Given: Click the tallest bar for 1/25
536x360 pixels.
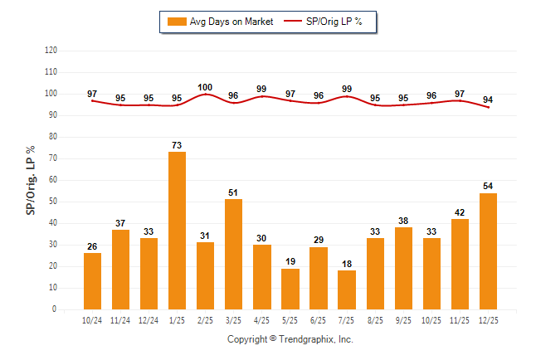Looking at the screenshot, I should click(x=177, y=231).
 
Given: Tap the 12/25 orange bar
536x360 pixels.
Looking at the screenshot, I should click(x=487, y=251).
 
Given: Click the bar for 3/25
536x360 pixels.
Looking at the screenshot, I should click(x=233, y=254).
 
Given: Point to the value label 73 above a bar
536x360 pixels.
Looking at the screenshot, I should click(x=177, y=145).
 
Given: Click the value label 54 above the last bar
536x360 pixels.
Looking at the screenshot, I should click(x=488, y=186).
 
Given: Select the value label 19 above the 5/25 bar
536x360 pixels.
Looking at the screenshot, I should click(x=290, y=261).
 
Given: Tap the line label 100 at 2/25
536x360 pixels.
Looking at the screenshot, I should click(x=205, y=86).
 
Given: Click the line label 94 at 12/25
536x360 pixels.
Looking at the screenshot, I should click(x=488, y=100).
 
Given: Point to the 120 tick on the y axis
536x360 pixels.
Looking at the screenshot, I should click(x=51, y=51).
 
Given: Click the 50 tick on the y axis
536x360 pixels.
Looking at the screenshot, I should click(x=53, y=202).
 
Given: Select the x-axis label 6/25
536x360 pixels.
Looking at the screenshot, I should click(x=318, y=319).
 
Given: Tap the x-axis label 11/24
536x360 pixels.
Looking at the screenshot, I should click(x=120, y=319).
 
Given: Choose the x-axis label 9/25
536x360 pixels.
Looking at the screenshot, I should click(x=402, y=319).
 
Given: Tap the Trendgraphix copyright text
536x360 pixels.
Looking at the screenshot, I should click(x=290, y=339).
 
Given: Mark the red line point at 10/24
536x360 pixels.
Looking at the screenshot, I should click(x=92, y=101).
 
